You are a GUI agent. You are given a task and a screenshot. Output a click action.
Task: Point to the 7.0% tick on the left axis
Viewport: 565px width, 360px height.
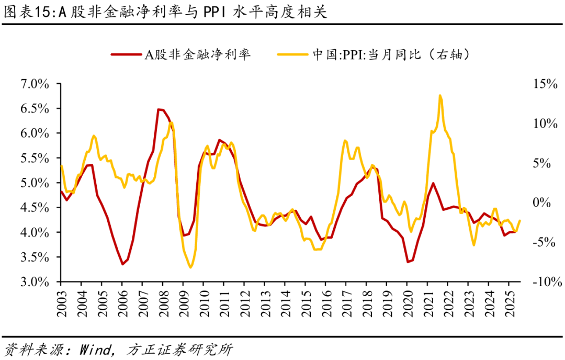tap(35, 84)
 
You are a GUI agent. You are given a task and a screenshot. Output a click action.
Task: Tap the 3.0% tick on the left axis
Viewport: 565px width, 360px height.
tap(35, 282)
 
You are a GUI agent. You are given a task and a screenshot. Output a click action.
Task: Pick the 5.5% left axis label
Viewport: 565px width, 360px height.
tap(35, 159)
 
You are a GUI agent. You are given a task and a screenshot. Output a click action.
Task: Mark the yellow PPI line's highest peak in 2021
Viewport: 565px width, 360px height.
tap(440, 95)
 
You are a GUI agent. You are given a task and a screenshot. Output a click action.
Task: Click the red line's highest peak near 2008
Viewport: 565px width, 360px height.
tap(159, 109)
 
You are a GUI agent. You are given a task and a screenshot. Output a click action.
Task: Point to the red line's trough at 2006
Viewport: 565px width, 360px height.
tap(122, 264)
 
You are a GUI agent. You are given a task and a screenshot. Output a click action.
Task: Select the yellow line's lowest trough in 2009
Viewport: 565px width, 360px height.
tap(190, 267)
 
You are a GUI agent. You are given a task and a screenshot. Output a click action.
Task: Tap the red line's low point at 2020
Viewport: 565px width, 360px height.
tap(408, 262)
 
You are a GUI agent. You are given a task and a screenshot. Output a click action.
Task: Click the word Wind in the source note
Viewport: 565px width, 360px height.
tap(95, 349)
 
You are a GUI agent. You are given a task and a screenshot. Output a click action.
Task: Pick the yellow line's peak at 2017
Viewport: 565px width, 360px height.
tap(345, 141)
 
